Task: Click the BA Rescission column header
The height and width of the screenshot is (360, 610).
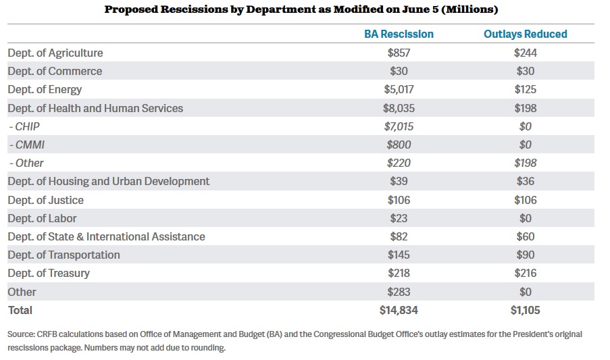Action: pyautogui.click(x=399, y=34)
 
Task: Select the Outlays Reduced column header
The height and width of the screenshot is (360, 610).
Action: pyautogui.click(x=525, y=34)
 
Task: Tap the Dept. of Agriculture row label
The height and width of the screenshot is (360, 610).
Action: pyautogui.click(x=55, y=53)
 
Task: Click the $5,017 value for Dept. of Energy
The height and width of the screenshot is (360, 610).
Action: pyautogui.click(x=399, y=89)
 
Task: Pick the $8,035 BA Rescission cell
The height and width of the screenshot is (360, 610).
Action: pyautogui.click(x=399, y=108)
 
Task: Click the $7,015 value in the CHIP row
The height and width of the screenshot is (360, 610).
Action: pyautogui.click(x=399, y=126)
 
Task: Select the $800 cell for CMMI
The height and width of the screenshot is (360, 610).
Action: pyautogui.click(x=399, y=145)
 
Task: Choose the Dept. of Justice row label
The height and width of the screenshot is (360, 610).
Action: pyautogui.click(x=45, y=200)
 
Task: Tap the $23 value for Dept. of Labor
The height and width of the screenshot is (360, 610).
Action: pyautogui.click(x=399, y=218)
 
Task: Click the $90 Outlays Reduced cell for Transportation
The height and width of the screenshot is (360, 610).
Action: pyautogui.click(x=525, y=255)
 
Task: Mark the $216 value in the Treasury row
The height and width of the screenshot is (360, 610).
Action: pyautogui.click(x=525, y=273)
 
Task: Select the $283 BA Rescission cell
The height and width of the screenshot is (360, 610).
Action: pyautogui.click(x=399, y=292)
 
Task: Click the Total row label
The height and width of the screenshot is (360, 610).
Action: pyautogui.click(x=20, y=310)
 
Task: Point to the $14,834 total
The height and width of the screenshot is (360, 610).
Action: pyautogui.click(x=399, y=310)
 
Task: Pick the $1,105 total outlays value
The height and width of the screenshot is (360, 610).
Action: pyautogui.click(x=525, y=310)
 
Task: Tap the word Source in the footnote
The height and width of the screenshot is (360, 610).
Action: pyautogui.click(x=21, y=334)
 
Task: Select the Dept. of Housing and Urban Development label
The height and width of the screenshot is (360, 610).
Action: pyautogui.click(x=109, y=181)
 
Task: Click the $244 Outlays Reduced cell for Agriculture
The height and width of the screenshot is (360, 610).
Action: pyautogui.click(x=525, y=53)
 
